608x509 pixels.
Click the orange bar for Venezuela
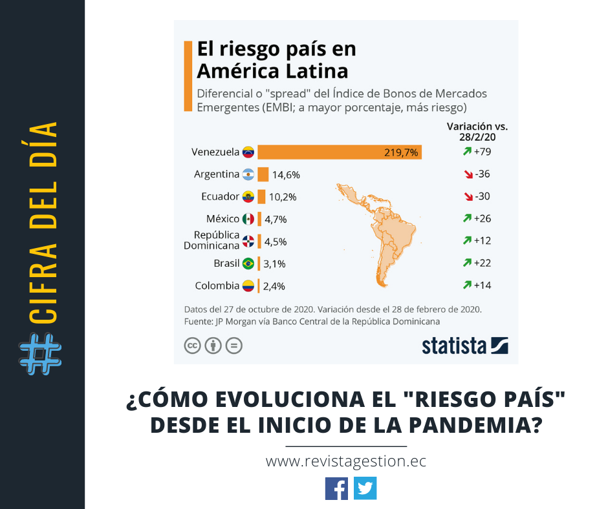click(340, 152)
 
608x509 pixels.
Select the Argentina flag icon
click(248, 174)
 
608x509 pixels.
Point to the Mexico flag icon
click(248, 219)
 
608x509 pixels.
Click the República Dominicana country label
click(212, 240)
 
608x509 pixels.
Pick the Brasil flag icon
click(248, 264)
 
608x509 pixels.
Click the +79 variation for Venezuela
click(483, 152)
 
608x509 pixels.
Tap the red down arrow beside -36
click(466, 174)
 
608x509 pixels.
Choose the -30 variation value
click(483, 197)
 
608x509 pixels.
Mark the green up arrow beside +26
click(466, 219)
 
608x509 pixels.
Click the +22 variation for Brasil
click(483, 263)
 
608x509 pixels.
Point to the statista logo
click(465, 346)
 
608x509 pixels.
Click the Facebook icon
click(336, 488)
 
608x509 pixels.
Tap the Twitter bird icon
click(365, 488)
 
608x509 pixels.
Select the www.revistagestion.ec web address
click(346, 462)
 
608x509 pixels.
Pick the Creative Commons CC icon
click(193, 346)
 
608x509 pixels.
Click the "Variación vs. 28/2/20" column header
click(477, 131)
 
